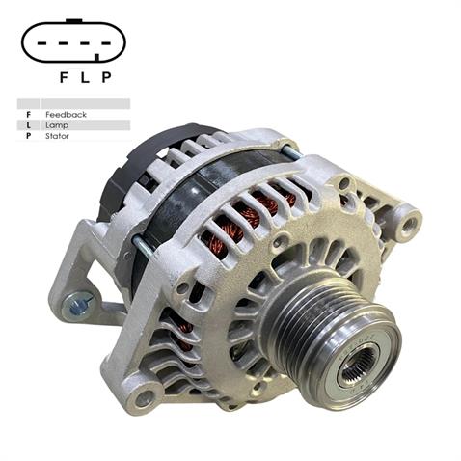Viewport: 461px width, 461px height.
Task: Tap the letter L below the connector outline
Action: (84, 77)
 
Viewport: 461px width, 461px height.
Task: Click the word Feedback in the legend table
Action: (66, 115)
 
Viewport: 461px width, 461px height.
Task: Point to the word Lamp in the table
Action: (57, 125)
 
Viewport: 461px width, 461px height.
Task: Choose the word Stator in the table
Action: (58, 136)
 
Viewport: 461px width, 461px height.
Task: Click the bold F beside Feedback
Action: (28, 115)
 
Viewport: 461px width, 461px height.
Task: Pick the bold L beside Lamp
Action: (28, 125)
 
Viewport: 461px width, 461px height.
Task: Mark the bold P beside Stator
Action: (28, 136)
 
